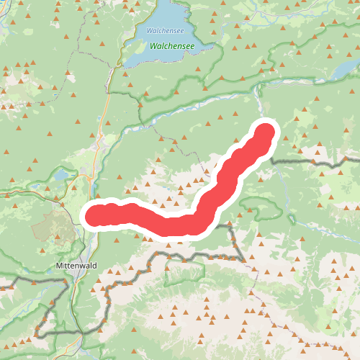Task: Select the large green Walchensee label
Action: pyautogui.click(x=173, y=45)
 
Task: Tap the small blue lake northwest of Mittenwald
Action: pyautogui.click(x=62, y=175)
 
